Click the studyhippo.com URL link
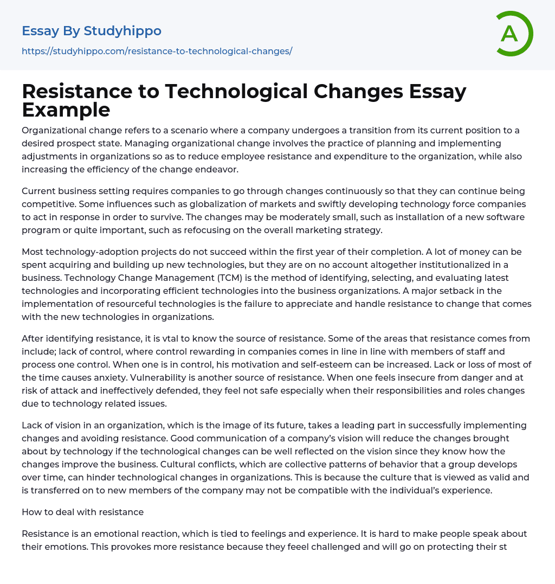pos(157,51)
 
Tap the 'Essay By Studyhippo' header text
pos(92,31)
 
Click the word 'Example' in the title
pos(66,110)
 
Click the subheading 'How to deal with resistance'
pos(82,512)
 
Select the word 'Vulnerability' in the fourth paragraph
pos(191,378)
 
